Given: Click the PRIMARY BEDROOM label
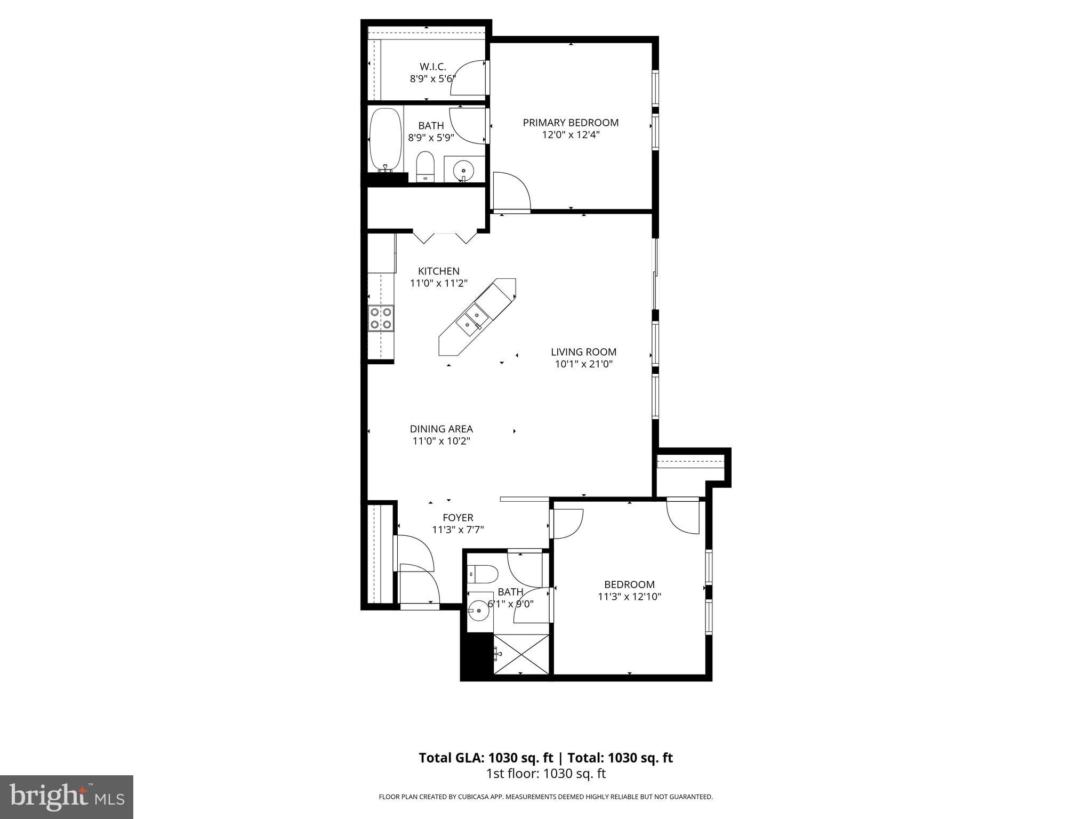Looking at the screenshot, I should pyautogui.click(x=571, y=123).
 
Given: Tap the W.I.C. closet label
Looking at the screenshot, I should pyautogui.click(x=432, y=67).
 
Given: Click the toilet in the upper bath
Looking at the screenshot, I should pyautogui.click(x=425, y=166).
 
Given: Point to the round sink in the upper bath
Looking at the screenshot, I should pyautogui.click(x=462, y=171).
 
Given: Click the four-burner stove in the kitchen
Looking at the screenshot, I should pyautogui.click(x=381, y=318).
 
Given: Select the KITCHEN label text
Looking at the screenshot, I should pyautogui.click(x=438, y=271).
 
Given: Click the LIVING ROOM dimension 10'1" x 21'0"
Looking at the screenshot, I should pyautogui.click(x=583, y=364).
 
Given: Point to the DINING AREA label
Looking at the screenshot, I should pyautogui.click(x=441, y=429).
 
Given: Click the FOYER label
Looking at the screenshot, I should pyautogui.click(x=458, y=518).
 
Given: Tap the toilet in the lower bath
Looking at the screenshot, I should pyautogui.click(x=483, y=574).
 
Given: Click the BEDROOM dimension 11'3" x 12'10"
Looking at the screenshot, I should pyautogui.click(x=629, y=597).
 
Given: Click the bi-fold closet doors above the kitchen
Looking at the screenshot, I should pyautogui.click(x=445, y=237).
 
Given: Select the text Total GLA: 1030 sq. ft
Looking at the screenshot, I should pyautogui.click(x=486, y=758).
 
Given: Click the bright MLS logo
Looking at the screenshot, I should pyautogui.click(x=66, y=797).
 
